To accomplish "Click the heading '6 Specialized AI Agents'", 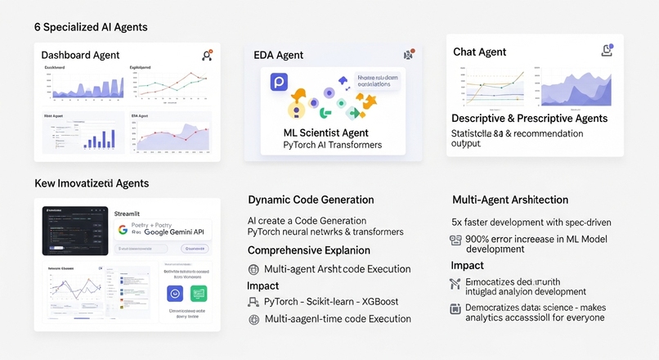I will [x=91, y=27].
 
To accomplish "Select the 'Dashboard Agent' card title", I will [x=80, y=56].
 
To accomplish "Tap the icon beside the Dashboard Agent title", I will [x=207, y=56].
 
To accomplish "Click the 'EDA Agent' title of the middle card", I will [x=278, y=56].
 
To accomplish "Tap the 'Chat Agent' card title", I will [x=480, y=52].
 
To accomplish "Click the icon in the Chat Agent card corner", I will [x=607, y=51].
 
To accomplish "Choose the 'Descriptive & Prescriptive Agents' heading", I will [x=530, y=119].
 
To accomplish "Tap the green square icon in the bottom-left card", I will [x=198, y=293].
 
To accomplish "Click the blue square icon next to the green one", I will [x=174, y=293].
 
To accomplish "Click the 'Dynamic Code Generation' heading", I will [x=311, y=200].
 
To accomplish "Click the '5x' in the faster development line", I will [x=458, y=223].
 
